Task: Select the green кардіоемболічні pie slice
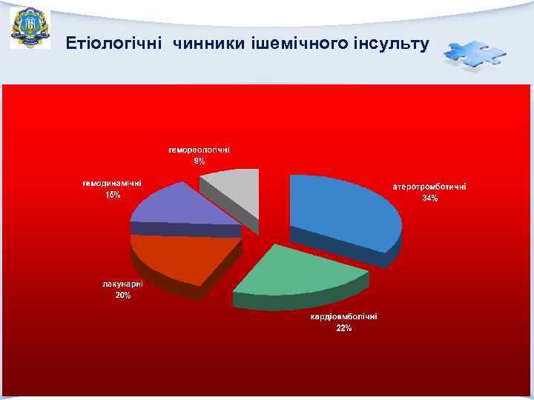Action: pyautogui.click(x=300, y=270)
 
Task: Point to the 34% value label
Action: pyautogui.click(x=429, y=199)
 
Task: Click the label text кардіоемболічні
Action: pyautogui.click(x=343, y=317)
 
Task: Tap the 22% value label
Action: pyautogui.click(x=343, y=328)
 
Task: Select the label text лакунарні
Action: pyautogui.click(x=123, y=284)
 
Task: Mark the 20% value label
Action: pyautogui.click(x=123, y=296)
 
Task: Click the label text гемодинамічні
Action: pyautogui.click(x=112, y=183)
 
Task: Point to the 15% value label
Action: pyautogui.click(x=112, y=195)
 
